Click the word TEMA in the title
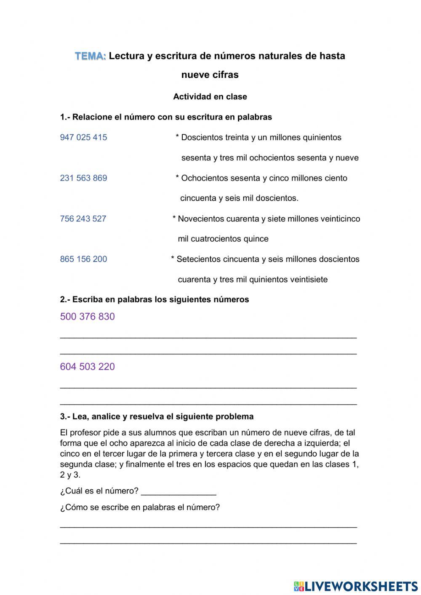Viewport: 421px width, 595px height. (x=91, y=56)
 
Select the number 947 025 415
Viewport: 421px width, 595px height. (x=83, y=137)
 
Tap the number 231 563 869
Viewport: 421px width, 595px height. (x=83, y=178)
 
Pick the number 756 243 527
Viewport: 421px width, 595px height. (x=83, y=219)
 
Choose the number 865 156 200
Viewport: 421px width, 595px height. (x=83, y=259)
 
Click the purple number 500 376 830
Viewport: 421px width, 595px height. (x=87, y=317)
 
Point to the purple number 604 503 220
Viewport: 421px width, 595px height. (x=87, y=367)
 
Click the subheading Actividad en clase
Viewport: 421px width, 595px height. (x=210, y=97)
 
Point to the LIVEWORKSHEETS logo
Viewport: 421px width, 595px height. (x=356, y=586)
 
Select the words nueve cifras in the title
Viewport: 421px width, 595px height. (x=210, y=75)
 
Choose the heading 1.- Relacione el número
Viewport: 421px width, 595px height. (x=166, y=117)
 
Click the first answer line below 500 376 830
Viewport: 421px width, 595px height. (x=208, y=337)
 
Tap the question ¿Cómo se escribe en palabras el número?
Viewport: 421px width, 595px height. (x=140, y=507)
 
